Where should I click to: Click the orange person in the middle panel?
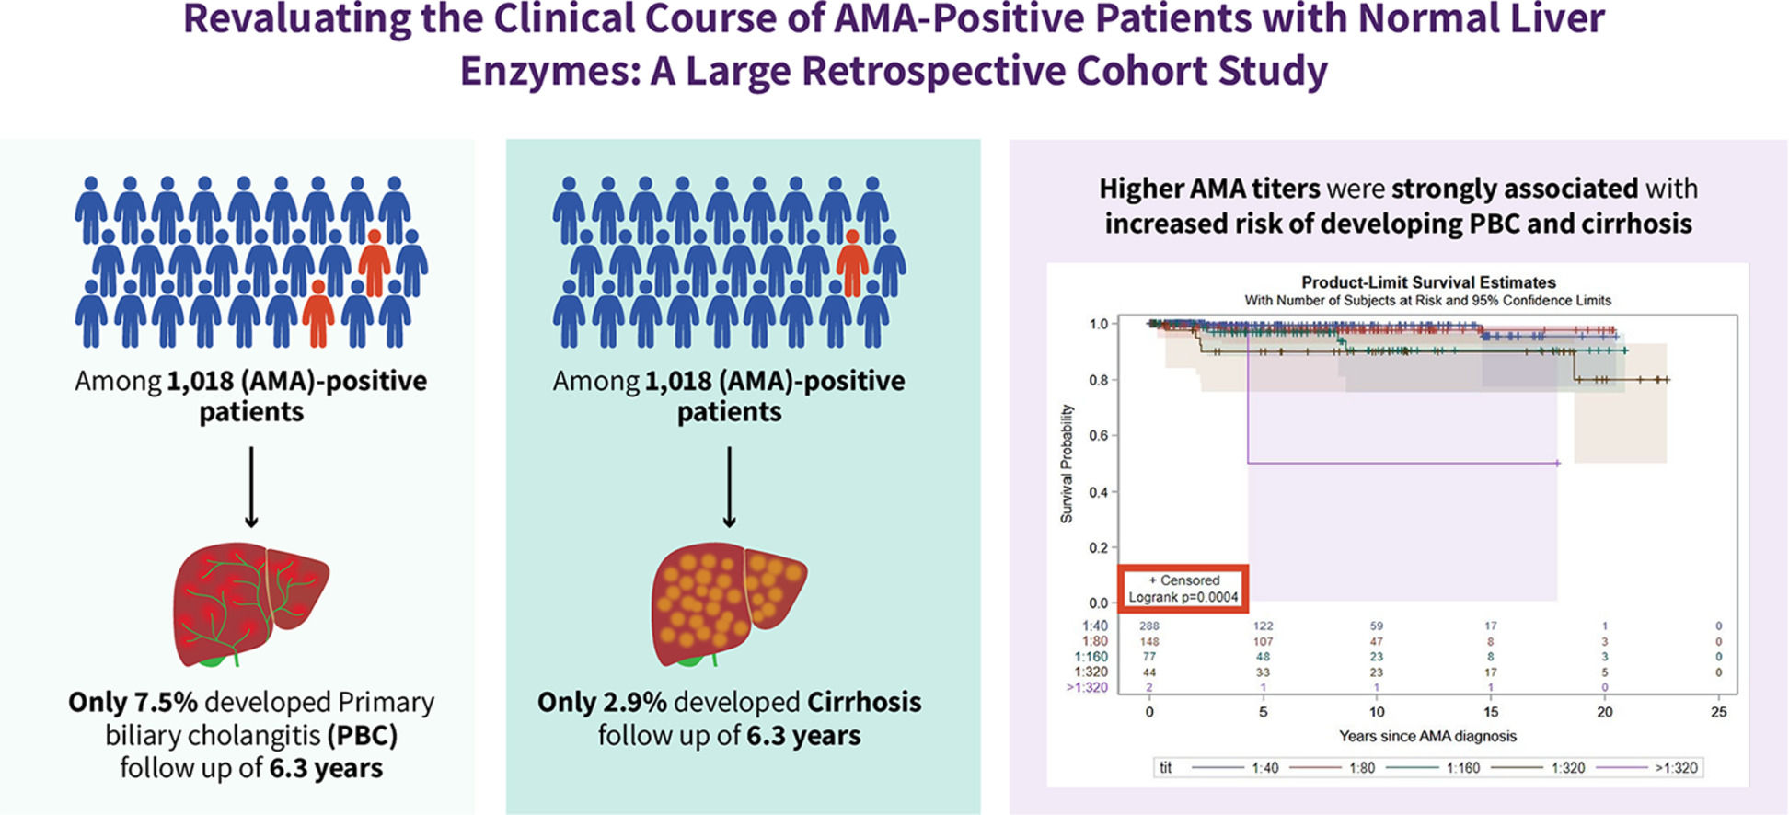click(852, 264)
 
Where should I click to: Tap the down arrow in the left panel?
click(251, 488)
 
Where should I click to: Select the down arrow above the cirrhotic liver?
click(729, 488)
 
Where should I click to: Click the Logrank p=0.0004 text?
click(1183, 597)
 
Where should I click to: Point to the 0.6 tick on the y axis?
click(1099, 435)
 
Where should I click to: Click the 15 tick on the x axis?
click(1491, 712)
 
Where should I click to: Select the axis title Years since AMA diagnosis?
click(1427, 736)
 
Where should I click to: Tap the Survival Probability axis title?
click(1068, 464)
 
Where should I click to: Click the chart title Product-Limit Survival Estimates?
click(1428, 282)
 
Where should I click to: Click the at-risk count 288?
click(1149, 626)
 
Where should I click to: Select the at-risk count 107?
click(1263, 642)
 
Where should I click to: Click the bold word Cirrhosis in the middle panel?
click(864, 703)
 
